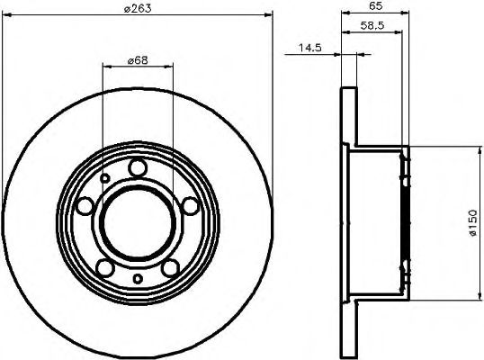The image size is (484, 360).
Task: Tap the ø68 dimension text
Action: (137, 59)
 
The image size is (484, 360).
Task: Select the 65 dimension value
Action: (377, 5)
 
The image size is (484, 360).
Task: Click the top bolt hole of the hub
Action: (137, 167)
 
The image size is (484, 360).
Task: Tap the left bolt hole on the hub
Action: (85, 207)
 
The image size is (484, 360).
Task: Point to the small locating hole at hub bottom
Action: (137, 279)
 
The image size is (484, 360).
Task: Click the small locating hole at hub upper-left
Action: (105, 179)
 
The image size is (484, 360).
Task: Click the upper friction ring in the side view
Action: (349, 117)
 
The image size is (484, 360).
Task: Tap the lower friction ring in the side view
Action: (349, 328)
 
